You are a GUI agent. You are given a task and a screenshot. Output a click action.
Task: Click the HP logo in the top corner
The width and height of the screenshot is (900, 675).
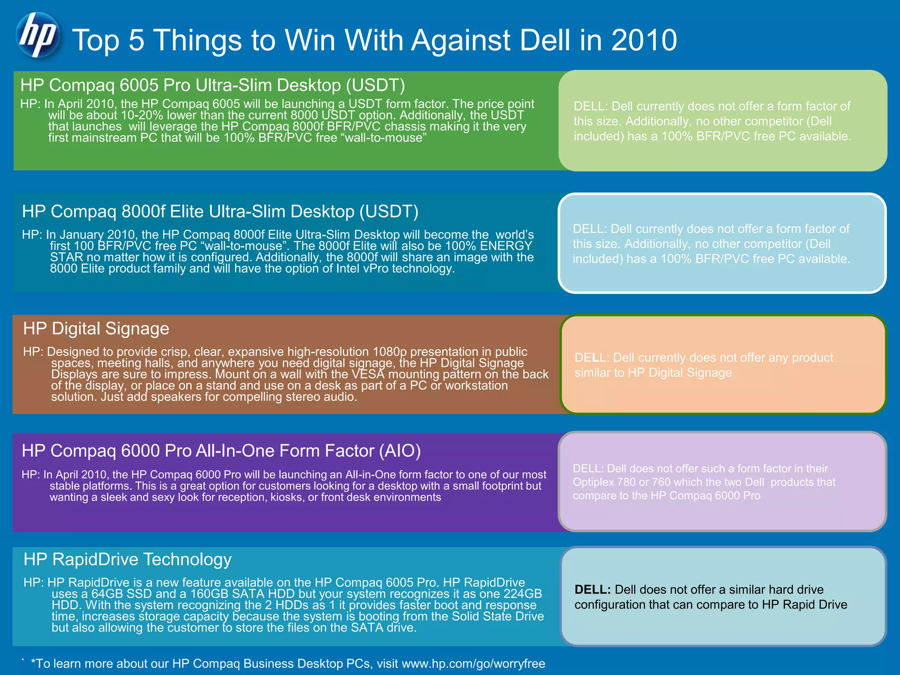click(37, 35)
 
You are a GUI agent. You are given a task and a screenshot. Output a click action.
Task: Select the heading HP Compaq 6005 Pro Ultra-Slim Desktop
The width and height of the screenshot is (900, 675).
click(213, 85)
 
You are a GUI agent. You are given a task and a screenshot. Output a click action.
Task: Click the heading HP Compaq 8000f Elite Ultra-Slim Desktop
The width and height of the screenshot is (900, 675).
click(220, 211)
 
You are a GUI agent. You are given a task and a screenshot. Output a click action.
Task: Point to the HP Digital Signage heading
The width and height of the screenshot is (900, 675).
click(96, 329)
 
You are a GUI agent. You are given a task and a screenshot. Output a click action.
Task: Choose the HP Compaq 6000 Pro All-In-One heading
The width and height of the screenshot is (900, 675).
click(221, 451)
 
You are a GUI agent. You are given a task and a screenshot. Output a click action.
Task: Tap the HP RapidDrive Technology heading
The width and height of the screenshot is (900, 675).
click(127, 559)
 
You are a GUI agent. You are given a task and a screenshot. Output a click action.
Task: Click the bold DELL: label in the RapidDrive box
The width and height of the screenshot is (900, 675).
click(592, 590)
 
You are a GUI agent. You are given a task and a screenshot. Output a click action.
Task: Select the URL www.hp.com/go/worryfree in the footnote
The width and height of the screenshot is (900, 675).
click(473, 664)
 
